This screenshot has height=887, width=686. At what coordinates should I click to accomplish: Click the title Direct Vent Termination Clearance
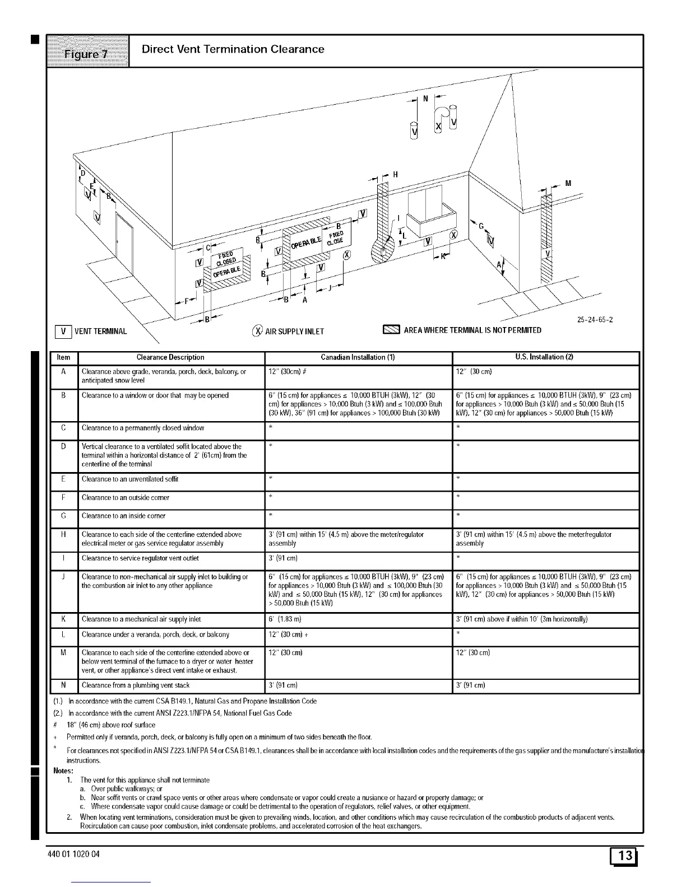(x=233, y=49)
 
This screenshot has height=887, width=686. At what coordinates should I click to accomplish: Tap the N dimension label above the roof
(x=425, y=99)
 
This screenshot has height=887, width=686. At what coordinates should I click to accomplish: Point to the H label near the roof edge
(x=395, y=175)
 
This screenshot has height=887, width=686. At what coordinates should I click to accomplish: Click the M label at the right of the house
(x=568, y=183)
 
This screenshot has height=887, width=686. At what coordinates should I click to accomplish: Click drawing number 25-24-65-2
(x=595, y=320)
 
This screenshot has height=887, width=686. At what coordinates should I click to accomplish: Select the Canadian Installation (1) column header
(x=358, y=357)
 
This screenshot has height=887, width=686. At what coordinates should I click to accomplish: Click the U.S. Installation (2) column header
(x=545, y=357)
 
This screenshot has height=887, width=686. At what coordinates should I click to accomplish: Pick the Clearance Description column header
(x=170, y=357)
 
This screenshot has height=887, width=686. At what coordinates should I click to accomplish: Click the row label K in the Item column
(x=64, y=619)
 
